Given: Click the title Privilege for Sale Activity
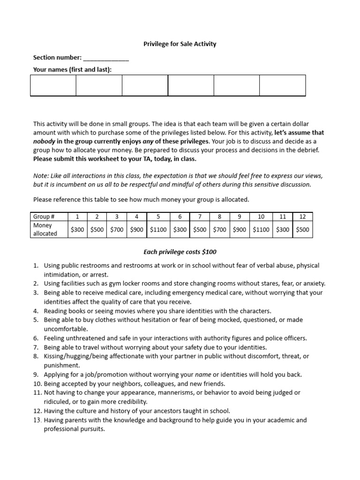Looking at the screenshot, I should pyautogui.click(x=180, y=44).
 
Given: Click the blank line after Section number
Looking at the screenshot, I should pyautogui.click(x=106, y=58).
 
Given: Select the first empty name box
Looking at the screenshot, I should pyautogui.click(x=53, y=86).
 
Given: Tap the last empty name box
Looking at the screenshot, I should pyautogui.click(x=282, y=86).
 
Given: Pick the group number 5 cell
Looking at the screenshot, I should pyautogui.click(x=158, y=217).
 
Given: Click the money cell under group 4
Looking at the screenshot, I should pyautogui.click(x=136, y=230).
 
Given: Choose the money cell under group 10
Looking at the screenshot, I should pyautogui.click(x=261, y=230).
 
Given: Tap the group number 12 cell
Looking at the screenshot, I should pyautogui.click(x=302, y=217).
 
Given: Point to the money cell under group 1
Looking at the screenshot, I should pyautogui.click(x=77, y=230).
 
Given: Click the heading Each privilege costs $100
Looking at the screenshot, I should pyautogui.click(x=180, y=252).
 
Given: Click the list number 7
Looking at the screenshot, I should pyautogui.click(x=36, y=347).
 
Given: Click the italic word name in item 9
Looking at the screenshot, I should pyautogui.click(x=203, y=375).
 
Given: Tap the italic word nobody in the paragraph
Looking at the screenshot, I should pyautogui.click(x=44, y=141).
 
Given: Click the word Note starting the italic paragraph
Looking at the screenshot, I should pyautogui.click(x=40, y=176).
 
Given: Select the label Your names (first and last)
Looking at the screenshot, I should pyautogui.click(x=72, y=70).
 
